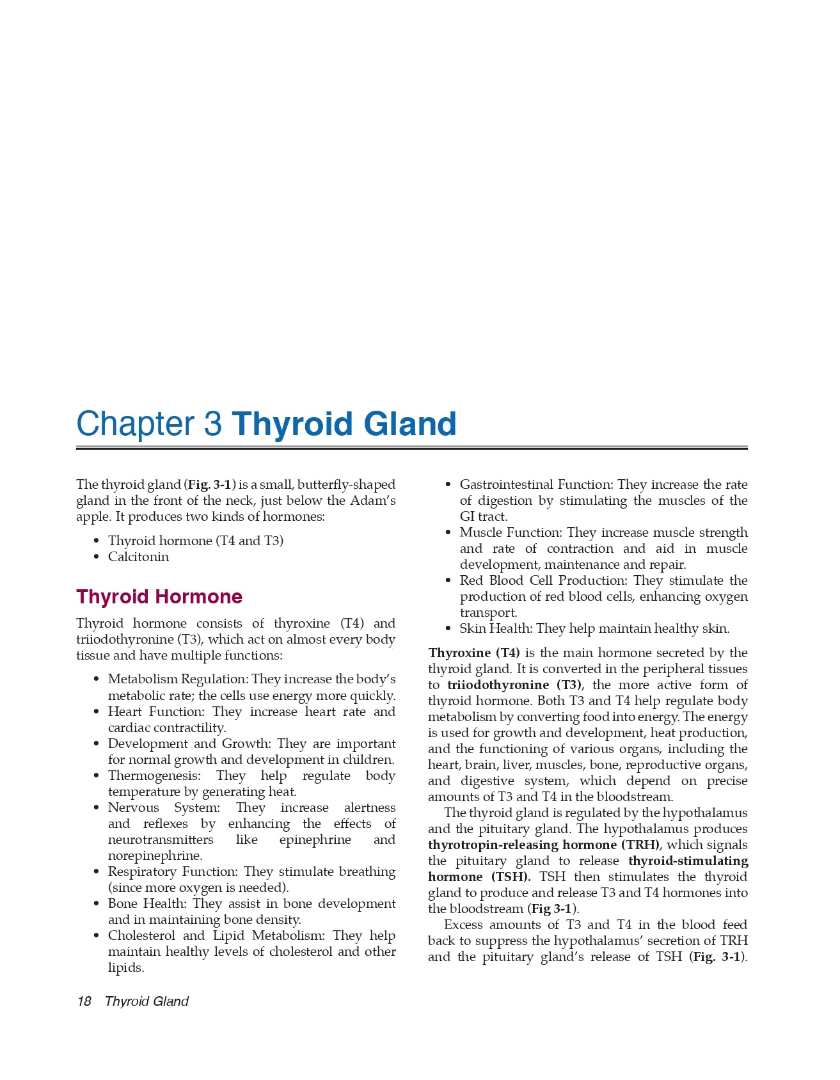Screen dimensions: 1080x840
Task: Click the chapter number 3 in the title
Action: point(213,424)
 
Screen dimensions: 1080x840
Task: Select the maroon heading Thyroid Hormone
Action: point(159,596)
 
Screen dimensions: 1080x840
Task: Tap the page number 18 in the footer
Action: point(84,1001)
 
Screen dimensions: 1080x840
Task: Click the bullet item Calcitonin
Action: point(138,557)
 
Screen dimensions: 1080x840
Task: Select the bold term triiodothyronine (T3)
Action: point(514,685)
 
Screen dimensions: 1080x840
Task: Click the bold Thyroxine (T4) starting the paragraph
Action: point(474,653)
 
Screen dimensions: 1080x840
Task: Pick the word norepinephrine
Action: point(155,855)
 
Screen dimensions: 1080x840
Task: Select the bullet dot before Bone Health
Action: point(96,904)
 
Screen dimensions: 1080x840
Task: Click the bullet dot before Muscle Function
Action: point(448,533)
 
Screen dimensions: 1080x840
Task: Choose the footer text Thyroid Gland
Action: point(147,1001)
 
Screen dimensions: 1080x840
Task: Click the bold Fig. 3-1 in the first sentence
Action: point(209,484)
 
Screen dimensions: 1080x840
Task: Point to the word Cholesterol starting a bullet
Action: point(141,935)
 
